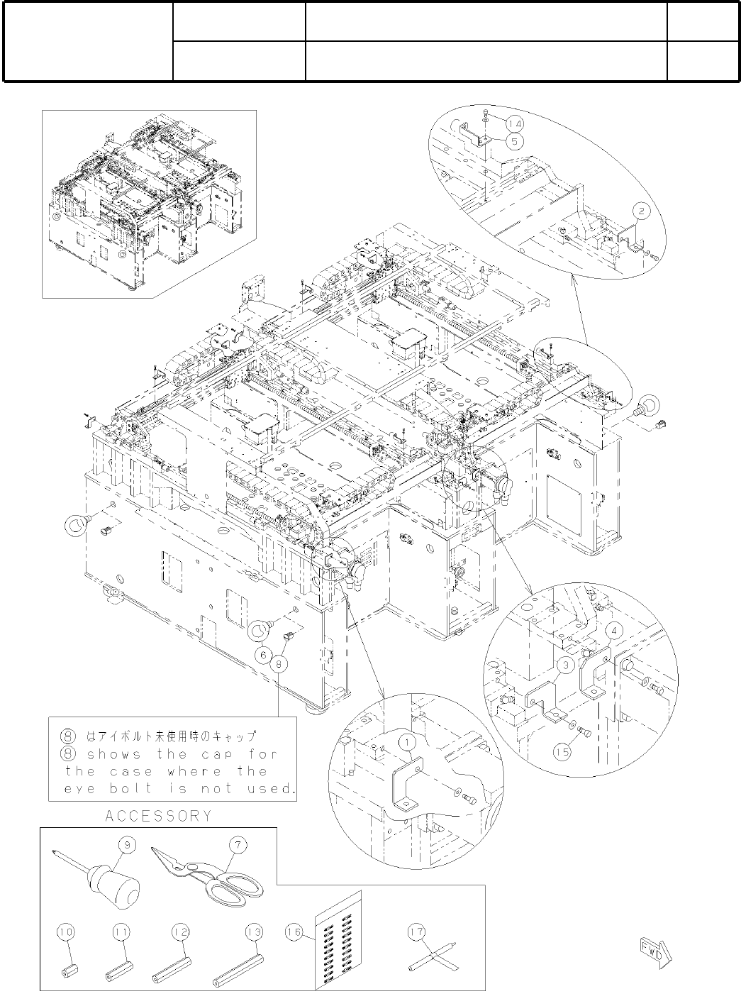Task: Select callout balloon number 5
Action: (516, 140)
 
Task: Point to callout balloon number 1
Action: (409, 743)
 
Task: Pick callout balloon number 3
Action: (565, 665)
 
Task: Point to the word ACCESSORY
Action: (158, 816)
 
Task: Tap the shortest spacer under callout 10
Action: (68, 968)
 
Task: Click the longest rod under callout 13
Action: (239, 968)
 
